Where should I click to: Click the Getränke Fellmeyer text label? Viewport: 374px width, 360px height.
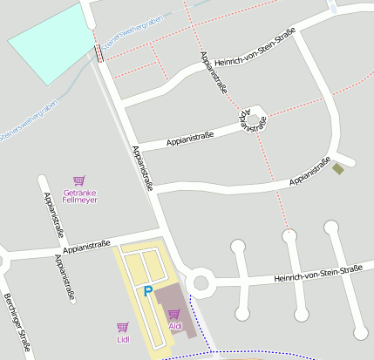79,196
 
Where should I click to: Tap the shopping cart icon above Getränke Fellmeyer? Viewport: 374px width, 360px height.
79,180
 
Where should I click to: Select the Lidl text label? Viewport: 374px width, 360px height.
122,339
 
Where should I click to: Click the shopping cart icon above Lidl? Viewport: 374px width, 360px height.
122,327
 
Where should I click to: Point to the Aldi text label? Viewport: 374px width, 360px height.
175,326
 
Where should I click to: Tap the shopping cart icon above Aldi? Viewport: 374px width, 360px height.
174,314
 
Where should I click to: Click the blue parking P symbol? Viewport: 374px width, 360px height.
147,292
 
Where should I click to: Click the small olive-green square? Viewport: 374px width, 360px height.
338,168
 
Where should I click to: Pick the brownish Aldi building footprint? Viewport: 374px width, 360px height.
174,301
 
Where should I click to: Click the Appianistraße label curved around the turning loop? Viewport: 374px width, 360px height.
251,121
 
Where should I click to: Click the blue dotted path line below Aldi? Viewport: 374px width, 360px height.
262,356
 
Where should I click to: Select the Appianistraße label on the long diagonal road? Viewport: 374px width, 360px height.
142,166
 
